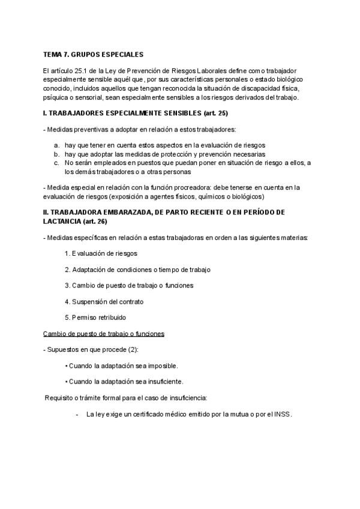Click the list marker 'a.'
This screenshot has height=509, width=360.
tap(56, 145)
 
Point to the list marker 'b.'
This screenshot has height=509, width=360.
tap(56, 154)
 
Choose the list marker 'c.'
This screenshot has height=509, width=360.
tap(56, 162)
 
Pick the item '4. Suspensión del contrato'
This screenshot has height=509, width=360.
tap(104, 301)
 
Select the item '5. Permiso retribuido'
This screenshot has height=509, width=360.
tap(95, 317)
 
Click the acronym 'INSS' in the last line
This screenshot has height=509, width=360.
tap(281, 414)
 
